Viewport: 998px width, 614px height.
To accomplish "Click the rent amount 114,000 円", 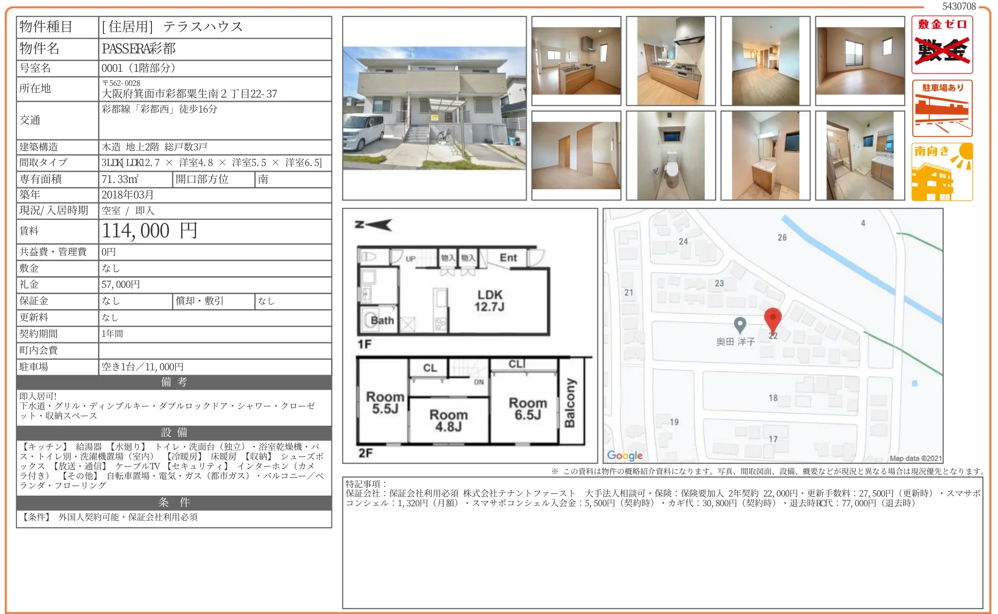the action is [x=150, y=231].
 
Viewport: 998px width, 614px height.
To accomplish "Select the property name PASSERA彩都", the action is [x=138, y=49].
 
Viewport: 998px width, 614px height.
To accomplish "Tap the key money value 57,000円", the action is [x=120, y=284].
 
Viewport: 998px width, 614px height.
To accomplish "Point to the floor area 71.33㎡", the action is [x=120, y=179].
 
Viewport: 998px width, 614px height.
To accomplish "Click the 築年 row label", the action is [x=30, y=195].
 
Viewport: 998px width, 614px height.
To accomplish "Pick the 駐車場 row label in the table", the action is [x=33, y=366].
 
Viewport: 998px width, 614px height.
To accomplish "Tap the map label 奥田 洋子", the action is [x=735, y=342].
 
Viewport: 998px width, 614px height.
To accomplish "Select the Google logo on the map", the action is [x=625, y=455].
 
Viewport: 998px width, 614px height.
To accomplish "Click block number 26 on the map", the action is [x=782, y=237].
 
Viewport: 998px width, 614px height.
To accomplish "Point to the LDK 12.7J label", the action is [x=490, y=300].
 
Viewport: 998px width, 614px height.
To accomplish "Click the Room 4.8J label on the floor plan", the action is [x=449, y=420].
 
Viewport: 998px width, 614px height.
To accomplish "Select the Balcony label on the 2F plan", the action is [x=570, y=403].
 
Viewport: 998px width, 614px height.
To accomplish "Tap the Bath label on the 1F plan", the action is [x=383, y=320].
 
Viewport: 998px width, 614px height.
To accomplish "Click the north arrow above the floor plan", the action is [x=373, y=225].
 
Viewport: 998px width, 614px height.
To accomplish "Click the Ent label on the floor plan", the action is [x=508, y=258].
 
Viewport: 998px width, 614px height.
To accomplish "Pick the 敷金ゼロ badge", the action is [x=942, y=45].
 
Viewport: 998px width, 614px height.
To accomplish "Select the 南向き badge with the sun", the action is [x=942, y=172].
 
